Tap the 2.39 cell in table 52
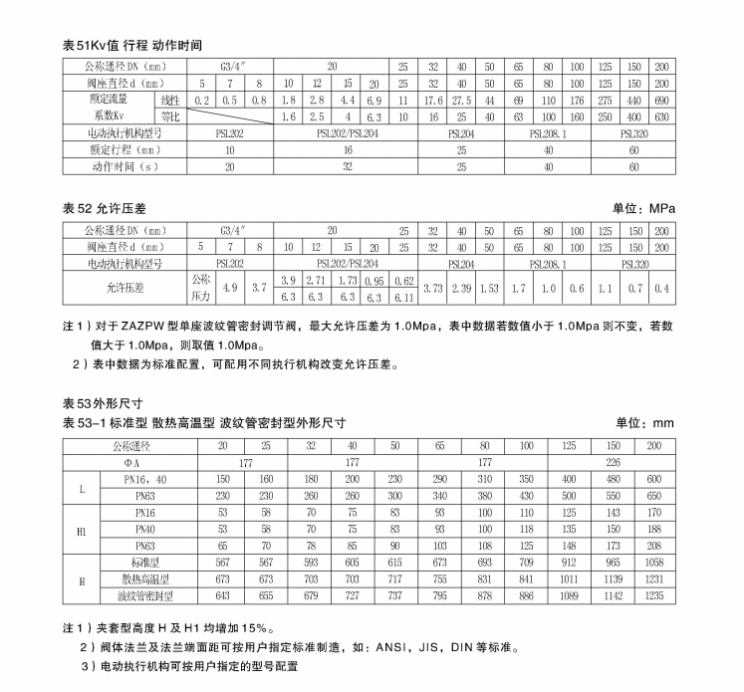[x=461, y=289]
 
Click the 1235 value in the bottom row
[x=653, y=596]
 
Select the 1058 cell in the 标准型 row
[x=653, y=562]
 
